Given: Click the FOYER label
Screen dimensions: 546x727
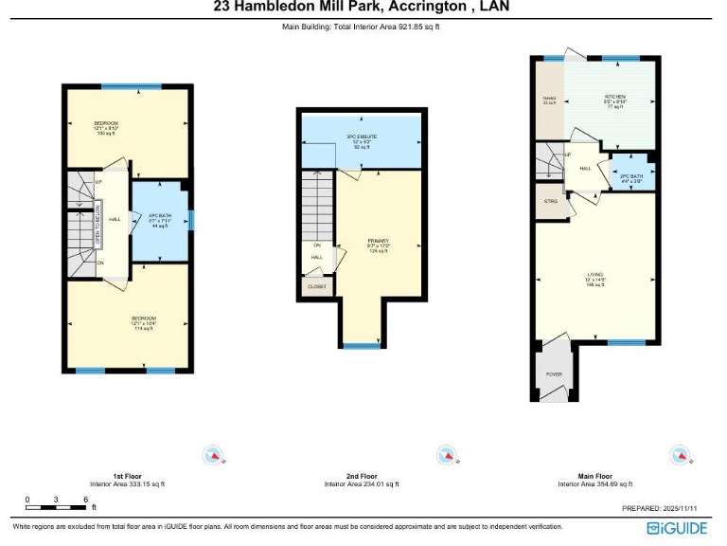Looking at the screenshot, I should [554, 374].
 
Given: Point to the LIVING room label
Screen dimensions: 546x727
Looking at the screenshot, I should [594, 278].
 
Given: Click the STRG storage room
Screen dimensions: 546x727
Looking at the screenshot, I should [550, 201].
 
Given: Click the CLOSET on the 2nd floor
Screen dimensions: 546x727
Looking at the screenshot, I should [317, 285].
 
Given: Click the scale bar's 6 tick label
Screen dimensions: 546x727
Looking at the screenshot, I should [85, 499].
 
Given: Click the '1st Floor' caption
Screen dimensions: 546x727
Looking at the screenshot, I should [127, 476].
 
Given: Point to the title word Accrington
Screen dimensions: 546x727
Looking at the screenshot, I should [422, 8].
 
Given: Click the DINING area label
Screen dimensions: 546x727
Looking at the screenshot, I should [549, 100].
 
